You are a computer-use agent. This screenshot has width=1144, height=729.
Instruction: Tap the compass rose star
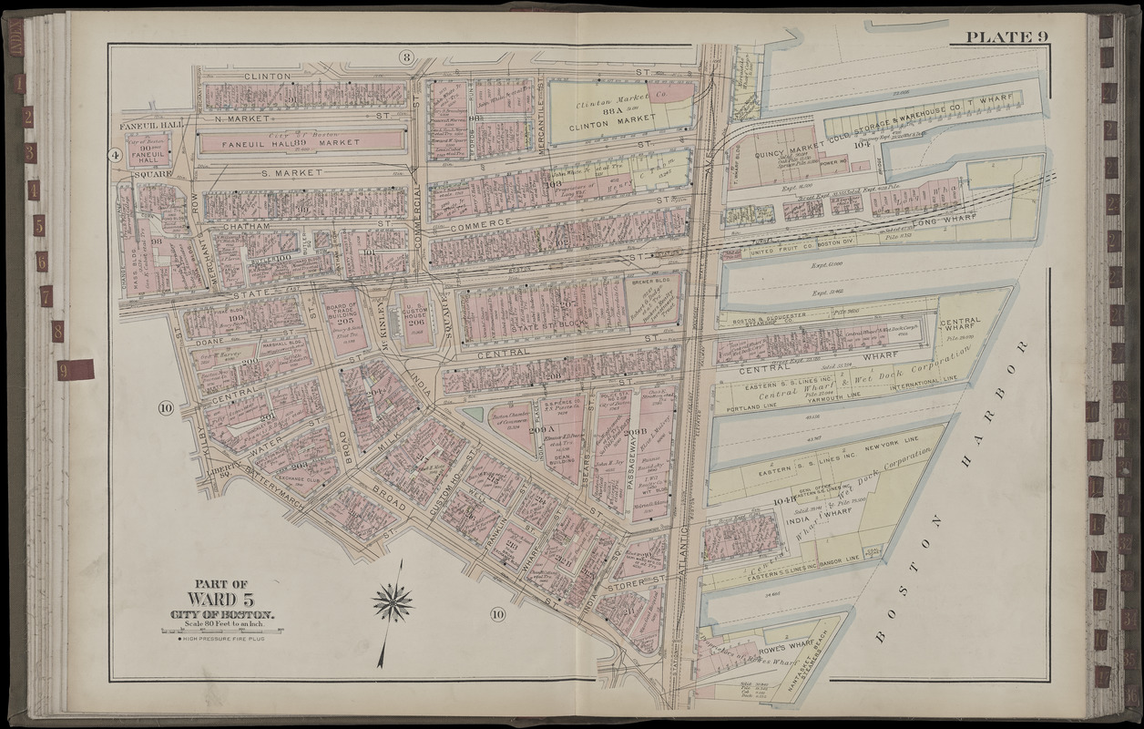point(393,602)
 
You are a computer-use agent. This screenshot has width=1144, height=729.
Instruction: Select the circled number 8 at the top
point(406,57)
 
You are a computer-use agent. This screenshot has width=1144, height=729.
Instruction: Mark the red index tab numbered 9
point(75,369)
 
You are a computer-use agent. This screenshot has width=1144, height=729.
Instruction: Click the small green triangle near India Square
point(473,414)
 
